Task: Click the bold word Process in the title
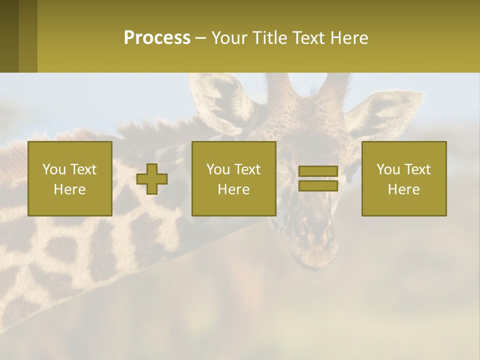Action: (157, 38)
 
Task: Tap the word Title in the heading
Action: (270, 38)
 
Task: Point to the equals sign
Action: (318, 178)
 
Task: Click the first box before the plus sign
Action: (70, 178)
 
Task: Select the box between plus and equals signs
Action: (234, 178)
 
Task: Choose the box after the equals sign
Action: (404, 178)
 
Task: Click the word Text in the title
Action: (309, 38)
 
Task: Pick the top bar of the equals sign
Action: (318, 171)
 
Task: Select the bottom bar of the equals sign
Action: (318, 186)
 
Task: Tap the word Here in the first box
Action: (70, 189)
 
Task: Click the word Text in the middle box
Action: (248, 169)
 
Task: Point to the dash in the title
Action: (200, 38)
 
